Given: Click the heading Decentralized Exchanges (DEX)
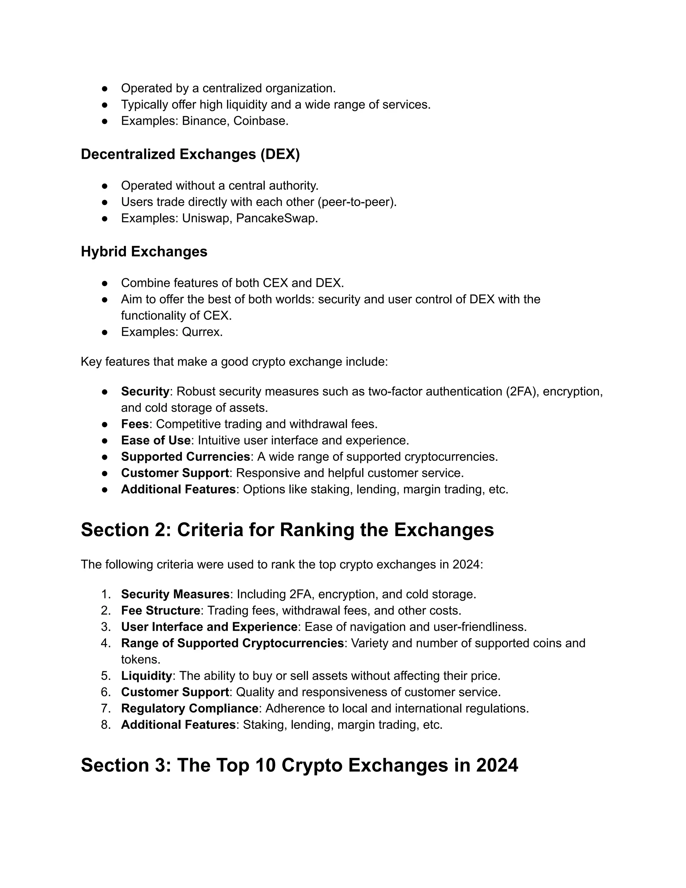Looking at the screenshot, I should (190, 154).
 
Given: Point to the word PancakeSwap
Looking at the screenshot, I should (276, 218).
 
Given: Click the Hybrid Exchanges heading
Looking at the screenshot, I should (144, 251).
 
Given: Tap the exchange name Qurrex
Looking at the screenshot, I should (202, 332).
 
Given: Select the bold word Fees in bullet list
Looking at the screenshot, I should (135, 424).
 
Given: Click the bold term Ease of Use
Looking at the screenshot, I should (156, 440).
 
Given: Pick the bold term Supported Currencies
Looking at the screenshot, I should (185, 457).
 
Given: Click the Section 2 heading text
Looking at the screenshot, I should (287, 530).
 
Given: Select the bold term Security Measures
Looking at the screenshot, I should (175, 594).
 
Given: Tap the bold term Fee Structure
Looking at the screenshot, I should (160, 610).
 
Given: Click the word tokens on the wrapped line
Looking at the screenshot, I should (140, 659).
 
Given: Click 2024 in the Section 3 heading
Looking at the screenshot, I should (497, 765).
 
